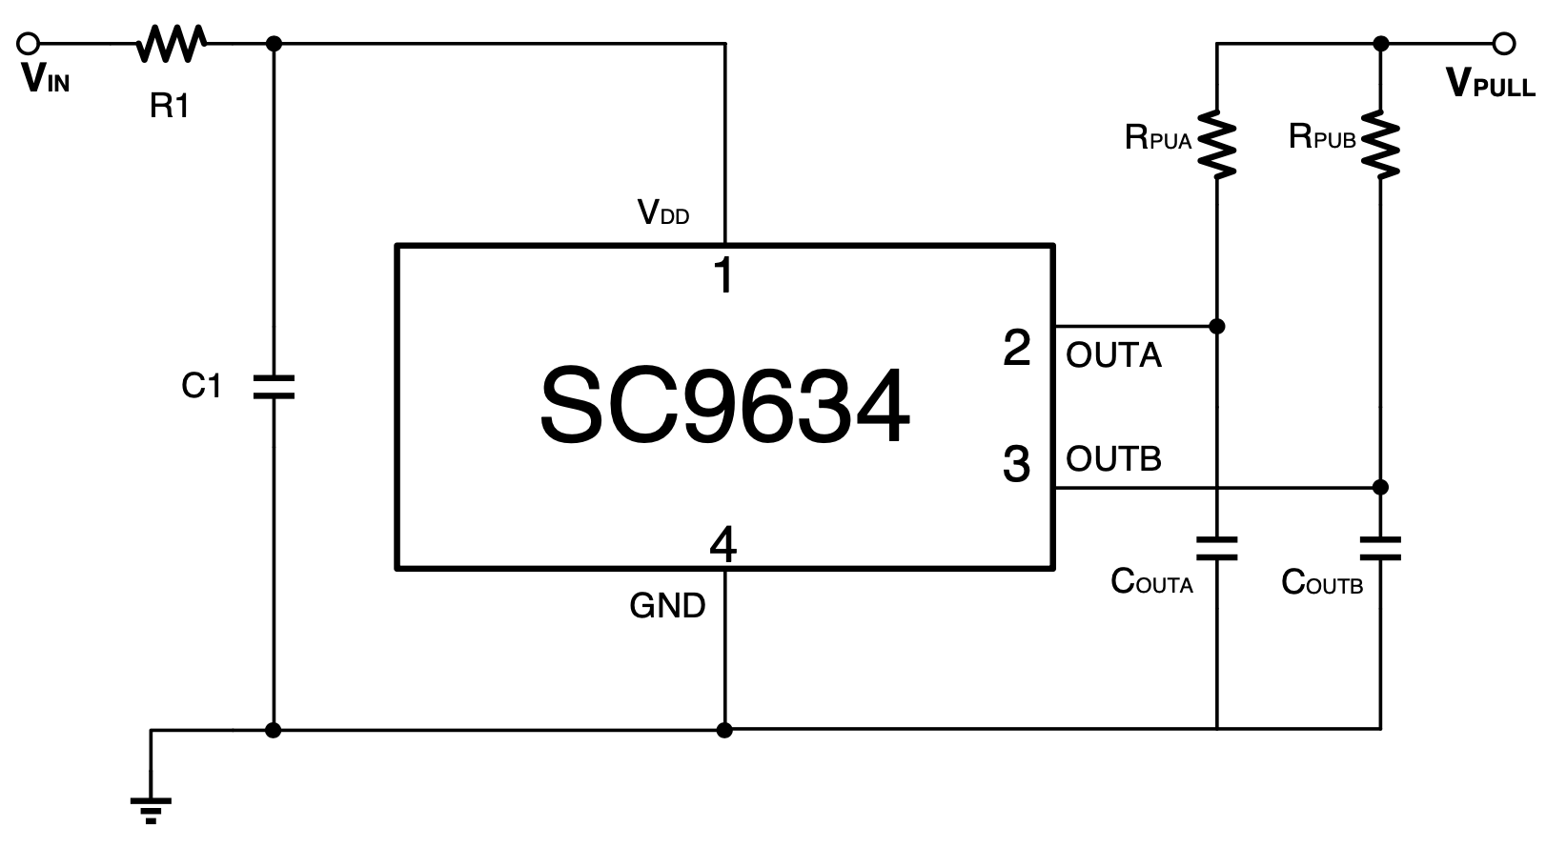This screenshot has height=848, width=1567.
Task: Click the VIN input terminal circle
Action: pyautogui.click(x=29, y=43)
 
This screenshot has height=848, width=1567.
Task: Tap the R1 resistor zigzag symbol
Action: pyautogui.click(x=172, y=44)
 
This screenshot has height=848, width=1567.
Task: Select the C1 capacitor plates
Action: pyautogui.click(x=274, y=387)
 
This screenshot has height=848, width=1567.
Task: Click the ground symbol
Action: pyautogui.click(x=151, y=808)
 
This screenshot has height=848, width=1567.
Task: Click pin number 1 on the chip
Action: pyautogui.click(x=724, y=276)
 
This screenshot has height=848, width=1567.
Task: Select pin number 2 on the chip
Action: pyautogui.click(x=1017, y=348)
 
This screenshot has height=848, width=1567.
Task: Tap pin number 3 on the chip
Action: pyautogui.click(x=1017, y=464)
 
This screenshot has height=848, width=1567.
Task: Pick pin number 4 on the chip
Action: pyautogui.click(x=723, y=546)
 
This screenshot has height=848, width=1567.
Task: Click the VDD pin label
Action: pyautogui.click(x=662, y=212)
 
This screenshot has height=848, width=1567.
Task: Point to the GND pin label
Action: pyautogui.click(x=667, y=606)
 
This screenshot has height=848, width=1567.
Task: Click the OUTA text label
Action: pyautogui.click(x=1113, y=355)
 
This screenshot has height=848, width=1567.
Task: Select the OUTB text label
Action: pyautogui.click(x=1113, y=458)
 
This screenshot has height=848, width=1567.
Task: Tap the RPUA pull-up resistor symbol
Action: pyautogui.click(x=1216, y=145)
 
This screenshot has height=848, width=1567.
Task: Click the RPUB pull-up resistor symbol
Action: pyautogui.click(x=1380, y=145)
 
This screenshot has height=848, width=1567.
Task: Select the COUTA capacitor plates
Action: pyautogui.click(x=1216, y=548)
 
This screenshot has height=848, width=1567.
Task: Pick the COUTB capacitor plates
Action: pyautogui.click(x=1380, y=548)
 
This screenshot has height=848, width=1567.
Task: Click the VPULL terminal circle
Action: pyautogui.click(x=1504, y=43)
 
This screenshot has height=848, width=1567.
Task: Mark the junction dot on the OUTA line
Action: pyautogui.click(x=1216, y=326)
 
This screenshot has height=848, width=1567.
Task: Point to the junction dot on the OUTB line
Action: pyautogui.click(x=1380, y=487)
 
